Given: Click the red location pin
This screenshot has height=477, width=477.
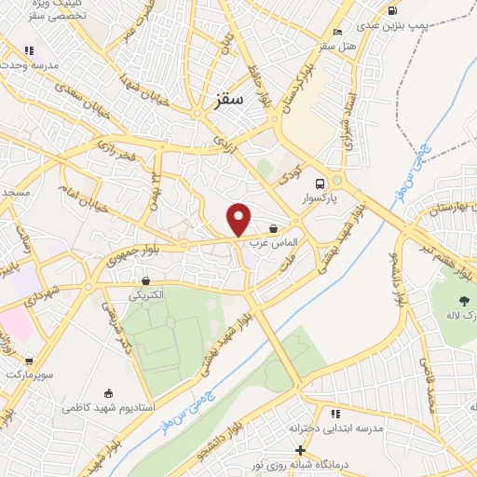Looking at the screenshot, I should (239, 219).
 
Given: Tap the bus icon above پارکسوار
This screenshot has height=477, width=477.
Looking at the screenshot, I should (320, 184).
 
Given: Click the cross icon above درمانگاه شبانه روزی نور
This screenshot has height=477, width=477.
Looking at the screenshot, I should (300, 450).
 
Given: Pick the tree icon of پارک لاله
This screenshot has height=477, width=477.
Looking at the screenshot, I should (462, 300).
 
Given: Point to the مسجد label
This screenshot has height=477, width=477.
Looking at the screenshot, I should (16, 191).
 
